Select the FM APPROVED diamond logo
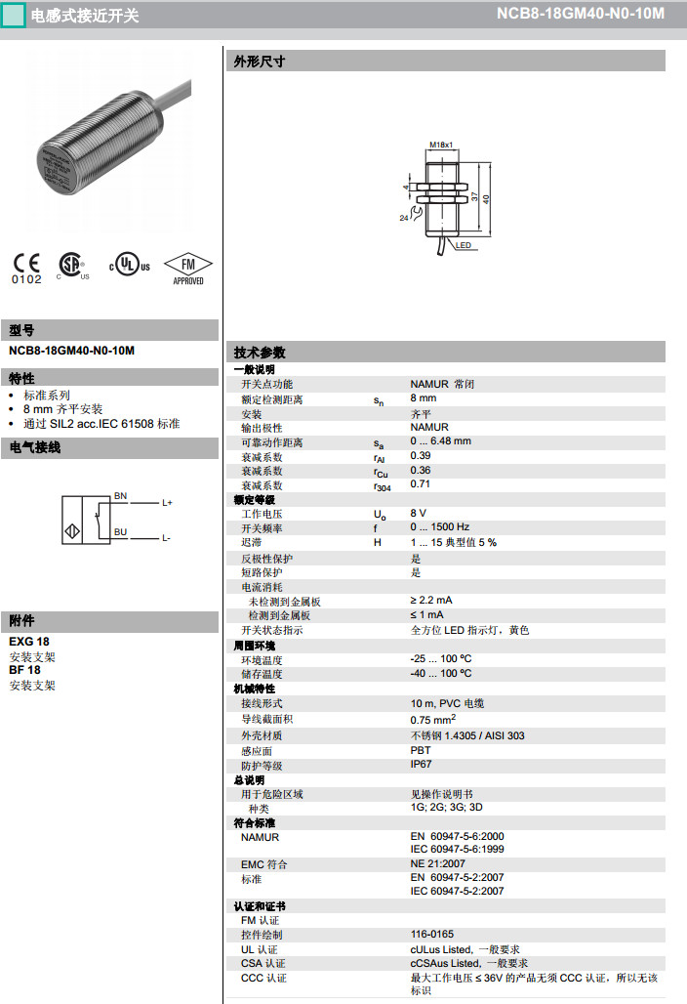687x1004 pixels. pyautogui.click(x=187, y=268)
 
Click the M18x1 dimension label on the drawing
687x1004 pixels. pyautogui.click(x=442, y=145)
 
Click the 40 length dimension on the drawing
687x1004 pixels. pyautogui.click(x=486, y=198)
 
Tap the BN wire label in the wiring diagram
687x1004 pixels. pyautogui.click(x=120, y=496)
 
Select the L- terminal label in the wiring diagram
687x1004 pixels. pyautogui.click(x=167, y=538)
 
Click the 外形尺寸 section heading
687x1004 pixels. pyautogui.click(x=259, y=62)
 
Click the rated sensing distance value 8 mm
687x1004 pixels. pyautogui.click(x=423, y=398)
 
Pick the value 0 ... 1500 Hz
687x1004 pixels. pyautogui.click(x=439, y=527)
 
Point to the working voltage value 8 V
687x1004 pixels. pyautogui.click(x=418, y=513)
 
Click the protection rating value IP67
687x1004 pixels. pyautogui.click(x=421, y=765)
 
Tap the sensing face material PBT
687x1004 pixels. pyautogui.click(x=420, y=750)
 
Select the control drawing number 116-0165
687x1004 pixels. pyautogui.click(x=431, y=935)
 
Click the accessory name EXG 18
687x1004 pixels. pyautogui.click(x=28, y=642)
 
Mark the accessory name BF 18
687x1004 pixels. pyautogui.click(x=24, y=670)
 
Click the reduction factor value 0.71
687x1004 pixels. pyautogui.click(x=420, y=484)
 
